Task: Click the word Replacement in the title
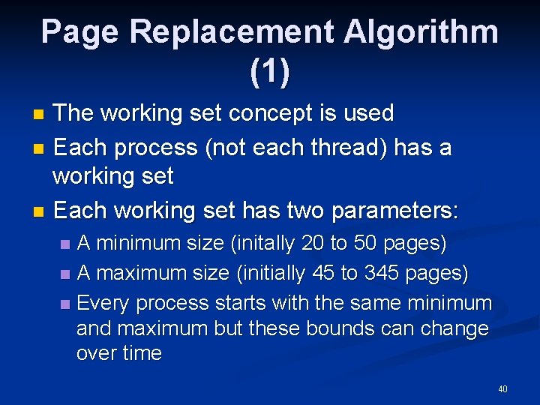pyautogui.click(x=232, y=32)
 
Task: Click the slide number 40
pyautogui.click(x=502, y=389)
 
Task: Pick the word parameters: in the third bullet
pyautogui.click(x=394, y=210)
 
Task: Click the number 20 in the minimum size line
pyautogui.click(x=315, y=244)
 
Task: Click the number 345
pyautogui.click(x=382, y=274)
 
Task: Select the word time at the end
pyautogui.click(x=140, y=354)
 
